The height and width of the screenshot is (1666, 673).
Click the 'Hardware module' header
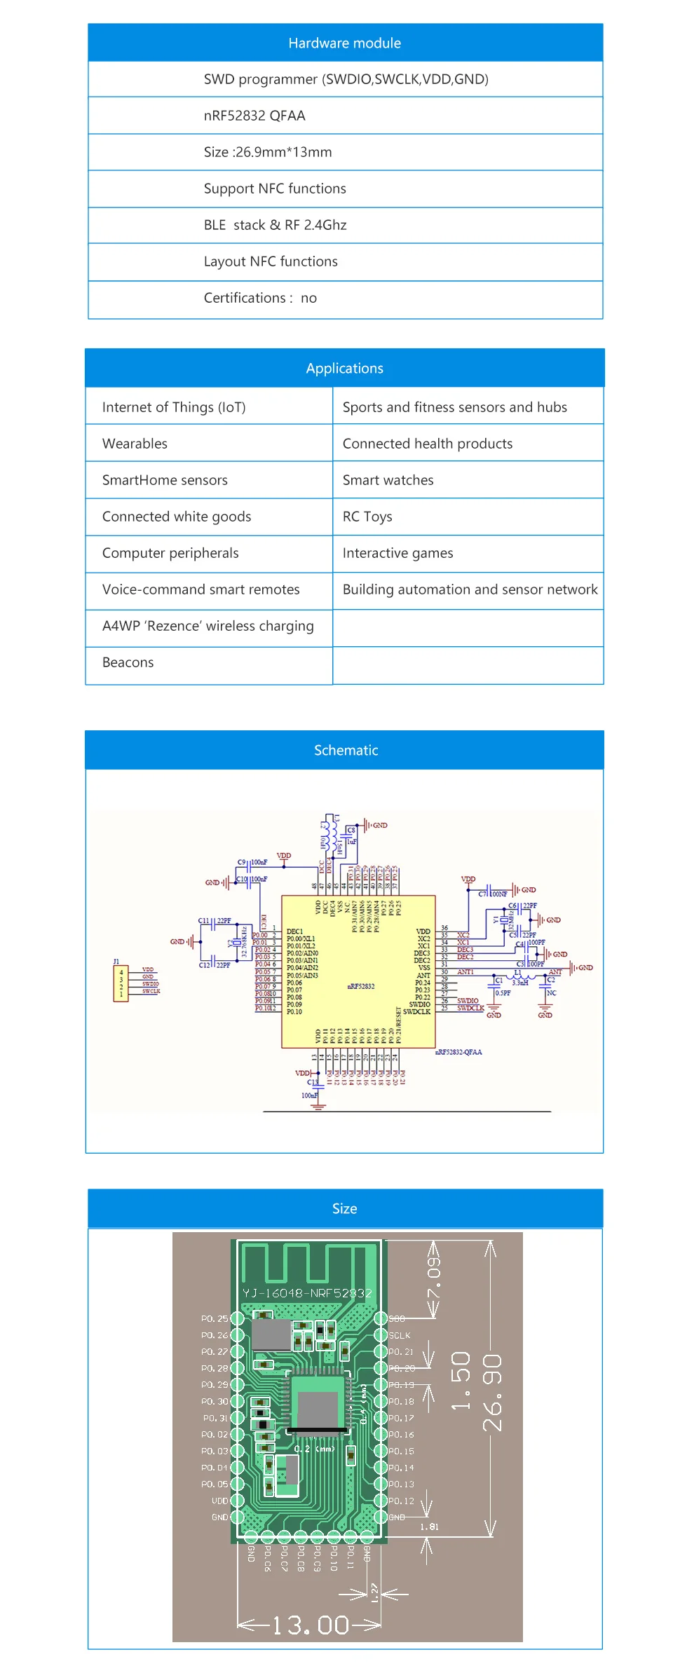[x=344, y=43]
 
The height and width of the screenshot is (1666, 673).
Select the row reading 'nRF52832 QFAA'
[x=254, y=116]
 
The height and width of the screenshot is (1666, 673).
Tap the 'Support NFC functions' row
[x=275, y=189]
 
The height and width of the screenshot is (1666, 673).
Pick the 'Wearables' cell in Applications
[x=135, y=444]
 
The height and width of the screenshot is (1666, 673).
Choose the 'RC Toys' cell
[x=367, y=517]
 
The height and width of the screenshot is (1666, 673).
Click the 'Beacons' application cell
[x=128, y=662]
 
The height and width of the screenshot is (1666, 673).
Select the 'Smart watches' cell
[x=388, y=480]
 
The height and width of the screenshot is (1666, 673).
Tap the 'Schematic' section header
[x=346, y=750]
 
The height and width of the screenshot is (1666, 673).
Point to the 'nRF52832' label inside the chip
[x=361, y=986]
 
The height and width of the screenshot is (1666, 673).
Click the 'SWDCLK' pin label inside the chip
[x=416, y=1011]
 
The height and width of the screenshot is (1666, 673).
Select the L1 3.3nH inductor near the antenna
[x=519, y=976]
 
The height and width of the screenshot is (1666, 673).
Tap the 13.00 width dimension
[x=310, y=1625]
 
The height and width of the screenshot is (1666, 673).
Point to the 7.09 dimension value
[x=435, y=1277]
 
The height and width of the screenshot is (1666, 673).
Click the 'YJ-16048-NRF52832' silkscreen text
[x=307, y=1293]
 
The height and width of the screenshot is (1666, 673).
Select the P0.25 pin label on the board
[x=214, y=1318]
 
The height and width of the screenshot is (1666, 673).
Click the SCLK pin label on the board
[x=400, y=1335]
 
